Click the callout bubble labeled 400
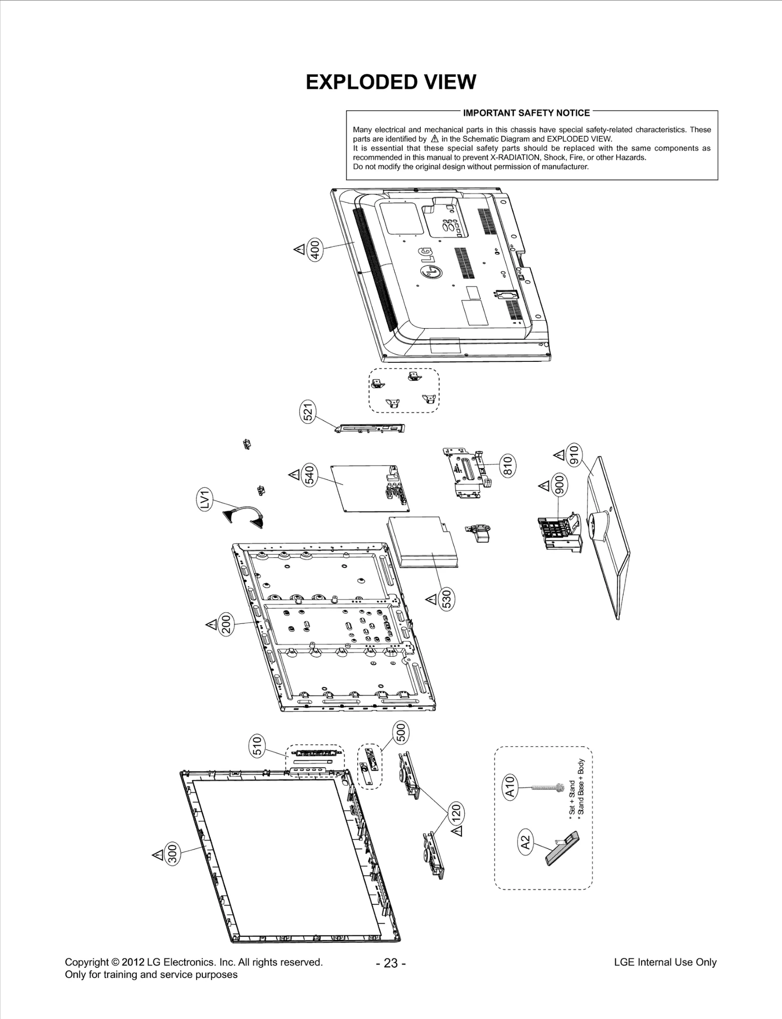click(315, 250)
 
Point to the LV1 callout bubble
click(206, 500)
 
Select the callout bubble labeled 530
click(447, 599)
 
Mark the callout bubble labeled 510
click(258, 745)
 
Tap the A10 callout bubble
click(510, 787)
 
